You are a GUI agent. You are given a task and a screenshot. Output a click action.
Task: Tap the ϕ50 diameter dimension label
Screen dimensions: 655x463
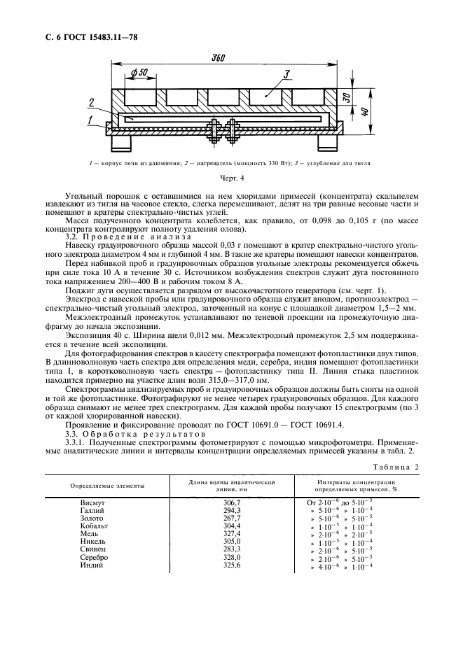point(138,73)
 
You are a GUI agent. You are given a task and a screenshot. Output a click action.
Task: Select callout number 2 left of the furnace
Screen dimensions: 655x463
point(92,104)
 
